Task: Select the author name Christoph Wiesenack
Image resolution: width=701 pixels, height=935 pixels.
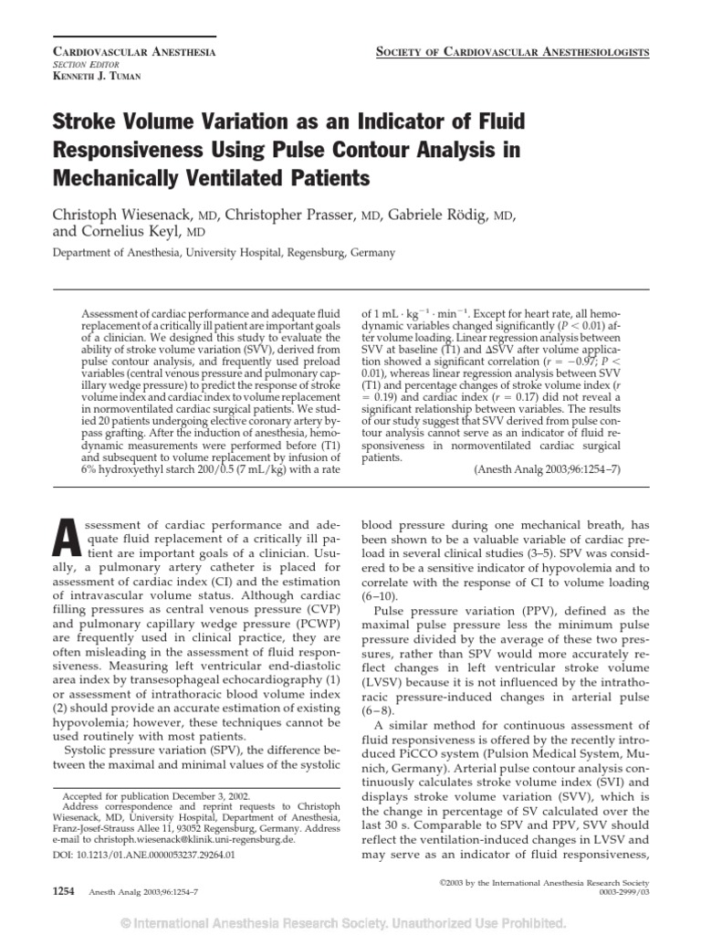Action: click(128, 215)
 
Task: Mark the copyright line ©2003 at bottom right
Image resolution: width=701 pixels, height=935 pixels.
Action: click(530, 884)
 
